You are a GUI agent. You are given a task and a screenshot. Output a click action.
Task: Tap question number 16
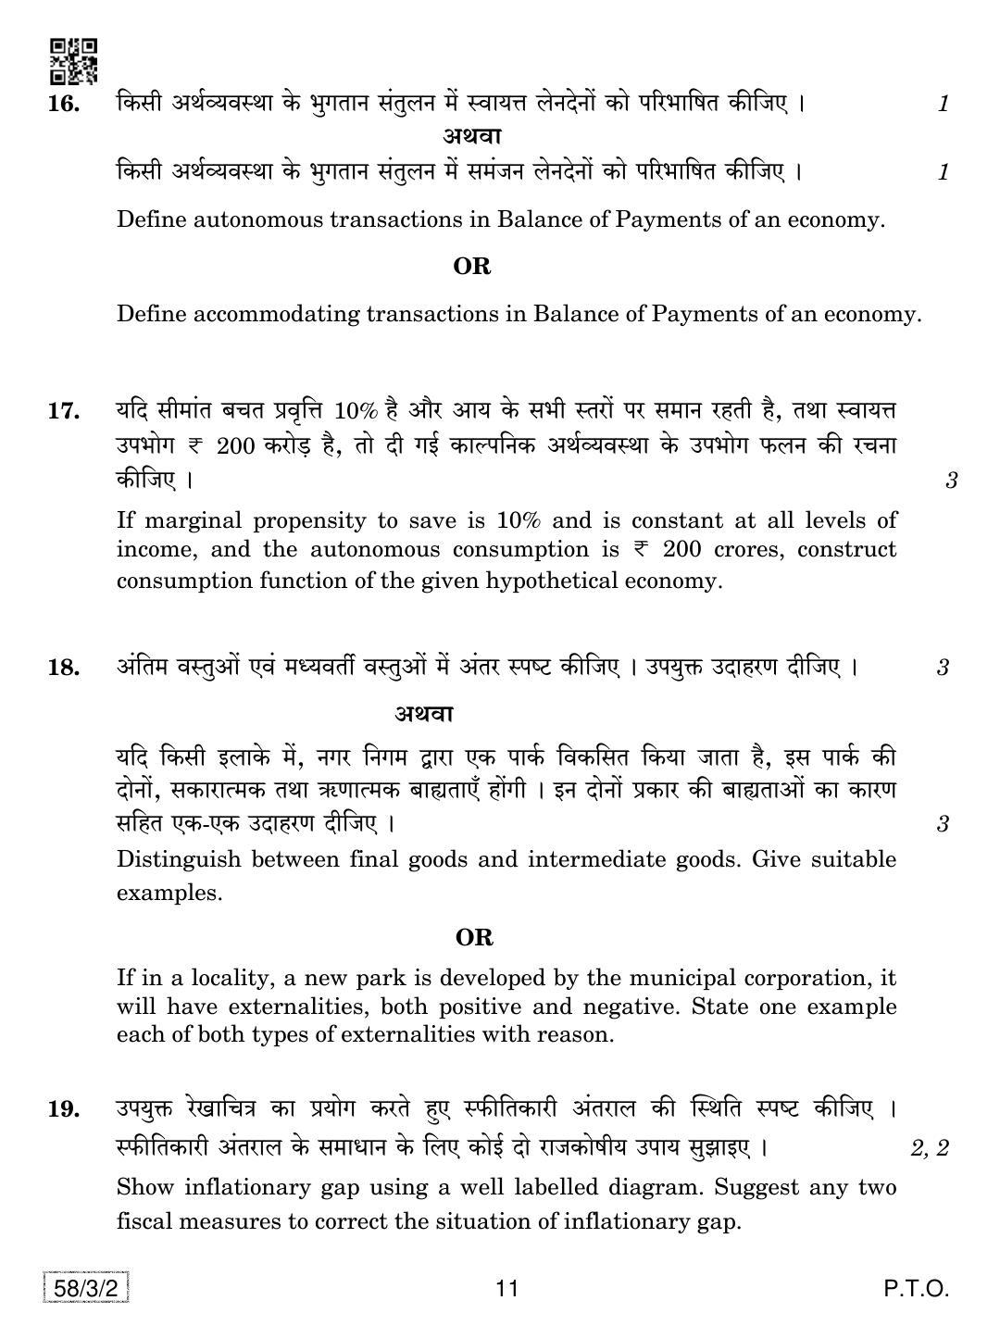click(x=63, y=104)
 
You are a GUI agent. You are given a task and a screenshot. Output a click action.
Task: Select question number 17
click(x=63, y=410)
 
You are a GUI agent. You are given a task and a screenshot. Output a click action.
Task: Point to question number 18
click(x=63, y=667)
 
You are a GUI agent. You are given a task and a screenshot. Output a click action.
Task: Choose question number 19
click(x=63, y=1108)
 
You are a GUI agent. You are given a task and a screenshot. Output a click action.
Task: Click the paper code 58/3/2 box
click(x=86, y=1288)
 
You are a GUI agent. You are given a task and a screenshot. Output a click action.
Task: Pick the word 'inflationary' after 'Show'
click(x=245, y=1187)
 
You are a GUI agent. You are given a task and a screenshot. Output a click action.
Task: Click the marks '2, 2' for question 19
click(x=930, y=1148)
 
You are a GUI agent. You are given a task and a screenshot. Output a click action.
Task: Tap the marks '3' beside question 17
click(x=950, y=481)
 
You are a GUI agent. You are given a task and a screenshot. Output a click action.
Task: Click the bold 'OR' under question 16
click(x=471, y=267)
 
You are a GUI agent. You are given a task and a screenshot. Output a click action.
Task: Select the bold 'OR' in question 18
click(x=474, y=937)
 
